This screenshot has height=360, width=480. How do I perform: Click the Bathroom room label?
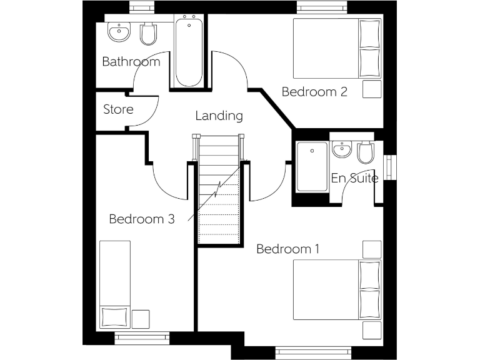pos(131,62)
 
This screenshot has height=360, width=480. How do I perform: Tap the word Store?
pos(118,109)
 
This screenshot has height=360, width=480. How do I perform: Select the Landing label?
pos(219,116)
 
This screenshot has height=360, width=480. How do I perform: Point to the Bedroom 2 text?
pos(314,92)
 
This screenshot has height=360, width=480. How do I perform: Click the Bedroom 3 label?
pos(141,219)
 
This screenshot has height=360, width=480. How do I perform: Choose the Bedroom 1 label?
pos(288,249)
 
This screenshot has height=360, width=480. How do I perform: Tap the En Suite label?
pos(354,178)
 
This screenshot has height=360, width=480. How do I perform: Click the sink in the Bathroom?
pos(119,32)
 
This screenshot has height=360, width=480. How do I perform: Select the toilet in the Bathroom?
pos(148,34)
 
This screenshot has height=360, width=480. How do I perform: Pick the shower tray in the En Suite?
pos(312,167)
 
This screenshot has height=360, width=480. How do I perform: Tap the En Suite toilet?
pos(366,152)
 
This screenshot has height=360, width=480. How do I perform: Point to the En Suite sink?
pos(341,150)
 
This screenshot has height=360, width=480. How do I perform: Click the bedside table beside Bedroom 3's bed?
pos(141,319)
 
